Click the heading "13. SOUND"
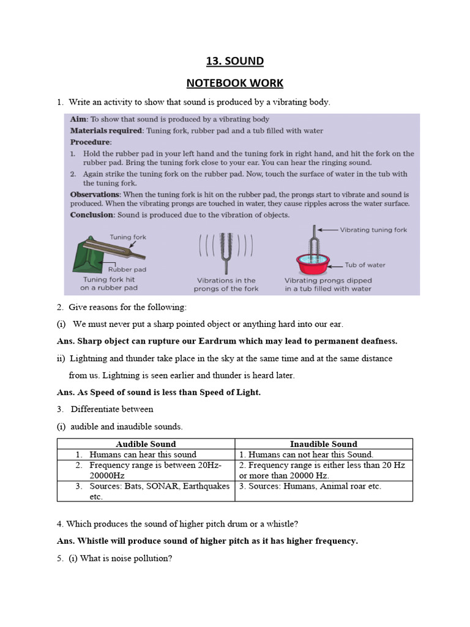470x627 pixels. (x=234, y=61)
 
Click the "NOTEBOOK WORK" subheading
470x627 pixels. (x=234, y=83)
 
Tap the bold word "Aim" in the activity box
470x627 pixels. (x=78, y=119)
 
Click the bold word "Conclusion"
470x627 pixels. (x=92, y=215)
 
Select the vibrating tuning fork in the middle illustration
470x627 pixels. (x=226, y=251)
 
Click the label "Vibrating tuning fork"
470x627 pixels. (x=375, y=230)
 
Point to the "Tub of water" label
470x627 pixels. (x=365, y=265)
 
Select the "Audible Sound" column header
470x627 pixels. (x=146, y=444)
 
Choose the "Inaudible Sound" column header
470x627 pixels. (x=323, y=444)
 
